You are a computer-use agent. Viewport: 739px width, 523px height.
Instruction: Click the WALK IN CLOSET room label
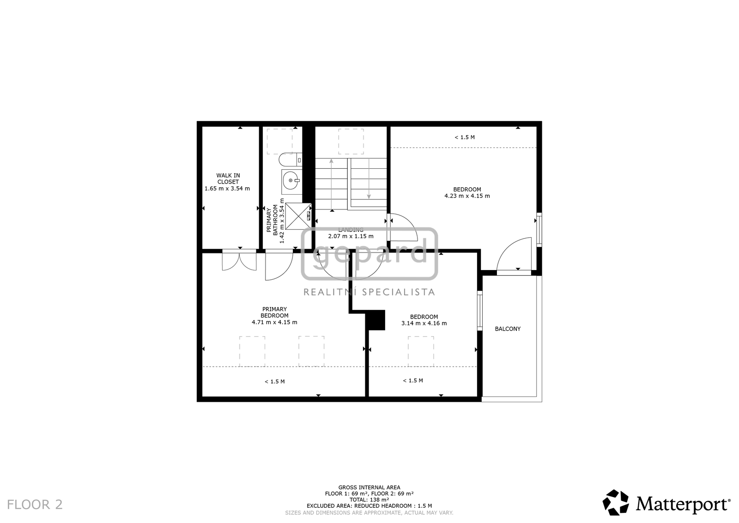point(228,179)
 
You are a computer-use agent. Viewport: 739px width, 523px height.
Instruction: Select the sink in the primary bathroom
point(291,181)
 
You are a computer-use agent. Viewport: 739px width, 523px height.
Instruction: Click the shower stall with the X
point(298,216)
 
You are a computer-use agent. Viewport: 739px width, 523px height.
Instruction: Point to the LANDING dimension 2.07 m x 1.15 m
point(351,236)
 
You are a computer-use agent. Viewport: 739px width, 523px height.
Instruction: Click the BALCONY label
point(508,329)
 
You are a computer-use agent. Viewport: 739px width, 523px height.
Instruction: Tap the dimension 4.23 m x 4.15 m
point(467,196)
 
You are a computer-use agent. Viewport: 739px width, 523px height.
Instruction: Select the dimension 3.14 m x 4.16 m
point(424,323)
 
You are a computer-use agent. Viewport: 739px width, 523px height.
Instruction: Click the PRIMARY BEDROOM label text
point(274,312)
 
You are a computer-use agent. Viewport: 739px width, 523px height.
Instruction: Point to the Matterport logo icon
point(616,503)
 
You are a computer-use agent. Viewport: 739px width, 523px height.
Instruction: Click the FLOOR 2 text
point(35,505)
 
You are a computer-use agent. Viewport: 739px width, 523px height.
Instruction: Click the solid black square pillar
point(375,320)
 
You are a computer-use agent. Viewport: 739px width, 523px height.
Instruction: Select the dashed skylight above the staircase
point(351,142)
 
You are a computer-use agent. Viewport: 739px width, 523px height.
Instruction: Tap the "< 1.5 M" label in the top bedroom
point(465,137)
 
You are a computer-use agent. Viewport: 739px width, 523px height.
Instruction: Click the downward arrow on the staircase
point(369,179)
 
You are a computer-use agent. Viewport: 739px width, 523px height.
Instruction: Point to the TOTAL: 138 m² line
point(369,499)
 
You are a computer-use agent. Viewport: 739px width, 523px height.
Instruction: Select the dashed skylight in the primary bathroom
point(280,142)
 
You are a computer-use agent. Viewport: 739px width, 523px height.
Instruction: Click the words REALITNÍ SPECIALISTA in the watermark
point(369,292)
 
